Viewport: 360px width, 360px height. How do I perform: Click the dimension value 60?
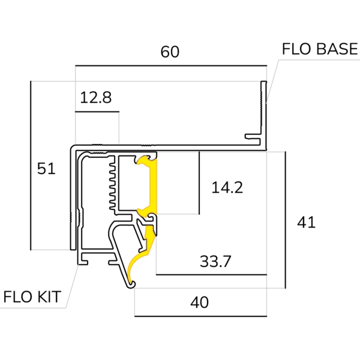click(x=170, y=52)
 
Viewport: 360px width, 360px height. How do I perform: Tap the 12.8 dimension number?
click(x=96, y=97)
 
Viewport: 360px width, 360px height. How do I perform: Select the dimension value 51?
click(x=46, y=169)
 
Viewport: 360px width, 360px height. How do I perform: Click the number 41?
click(x=306, y=222)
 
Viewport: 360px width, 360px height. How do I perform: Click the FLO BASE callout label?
click(x=319, y=49)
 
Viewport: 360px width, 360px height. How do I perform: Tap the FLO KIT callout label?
click(x=34, y=297)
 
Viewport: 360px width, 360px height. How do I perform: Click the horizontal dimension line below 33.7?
click(x=210, y=275)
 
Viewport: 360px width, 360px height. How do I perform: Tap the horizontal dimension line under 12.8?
click(x=97, y=111)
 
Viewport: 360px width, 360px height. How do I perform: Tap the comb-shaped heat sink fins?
click(x=112, y=183)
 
